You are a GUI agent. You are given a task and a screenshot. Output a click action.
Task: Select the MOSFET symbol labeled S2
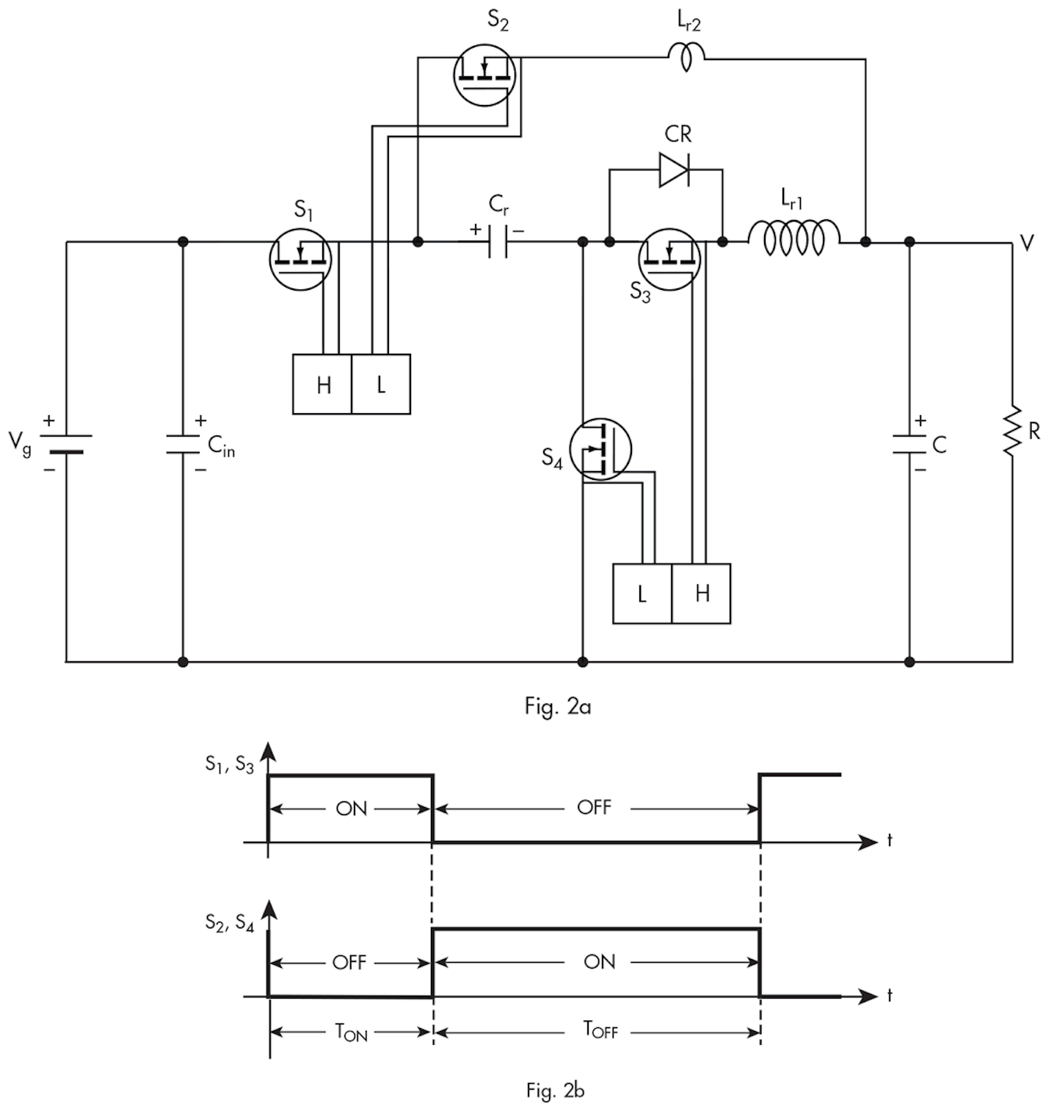[484, 74]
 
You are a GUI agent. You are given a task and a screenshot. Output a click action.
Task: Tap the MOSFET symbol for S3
[669, 258]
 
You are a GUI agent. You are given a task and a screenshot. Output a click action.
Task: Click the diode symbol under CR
[673, 170]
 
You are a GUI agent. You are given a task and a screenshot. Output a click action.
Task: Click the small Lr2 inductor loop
[686, 57]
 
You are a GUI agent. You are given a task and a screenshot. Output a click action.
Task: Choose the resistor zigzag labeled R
[1012, 431]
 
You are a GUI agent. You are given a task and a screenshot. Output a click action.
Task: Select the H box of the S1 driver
[322, 384]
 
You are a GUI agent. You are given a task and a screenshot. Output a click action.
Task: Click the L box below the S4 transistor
[642, 594]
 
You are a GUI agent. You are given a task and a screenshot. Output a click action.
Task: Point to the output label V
[1027, 244]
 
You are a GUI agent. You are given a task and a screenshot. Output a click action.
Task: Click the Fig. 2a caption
[557, 707]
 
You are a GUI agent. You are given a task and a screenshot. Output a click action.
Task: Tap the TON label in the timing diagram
[351, 1032]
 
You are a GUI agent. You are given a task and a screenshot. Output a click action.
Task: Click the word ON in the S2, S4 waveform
[599, 962]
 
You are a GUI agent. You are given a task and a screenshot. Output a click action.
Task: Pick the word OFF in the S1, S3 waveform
[594, 808]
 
